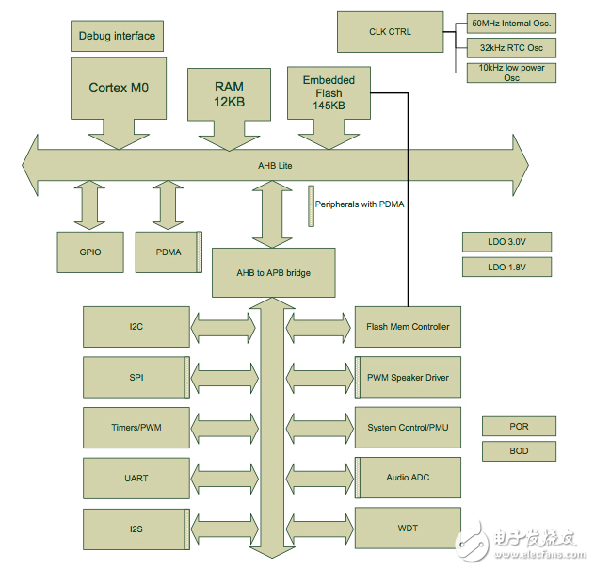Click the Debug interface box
tap(117, 37)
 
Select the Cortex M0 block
tap(120, 88)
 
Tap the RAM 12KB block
tap(229, 94)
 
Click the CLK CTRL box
tap(389, 32)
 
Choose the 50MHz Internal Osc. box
tap(511, 22)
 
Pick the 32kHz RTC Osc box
tap(511, 47)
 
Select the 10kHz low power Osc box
tap(511, 73)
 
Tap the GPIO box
tap(90, 252)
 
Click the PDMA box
tap(169, 252)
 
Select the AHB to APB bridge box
tap(274, 272)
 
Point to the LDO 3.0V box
tap(506, 242)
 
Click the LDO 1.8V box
tap(506, 267)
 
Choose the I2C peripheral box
tap(136, 327)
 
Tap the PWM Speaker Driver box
tap(408, 378)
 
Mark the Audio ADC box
tap(408, 478)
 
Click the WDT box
tap(408, 529)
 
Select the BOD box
tap(519, 451)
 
